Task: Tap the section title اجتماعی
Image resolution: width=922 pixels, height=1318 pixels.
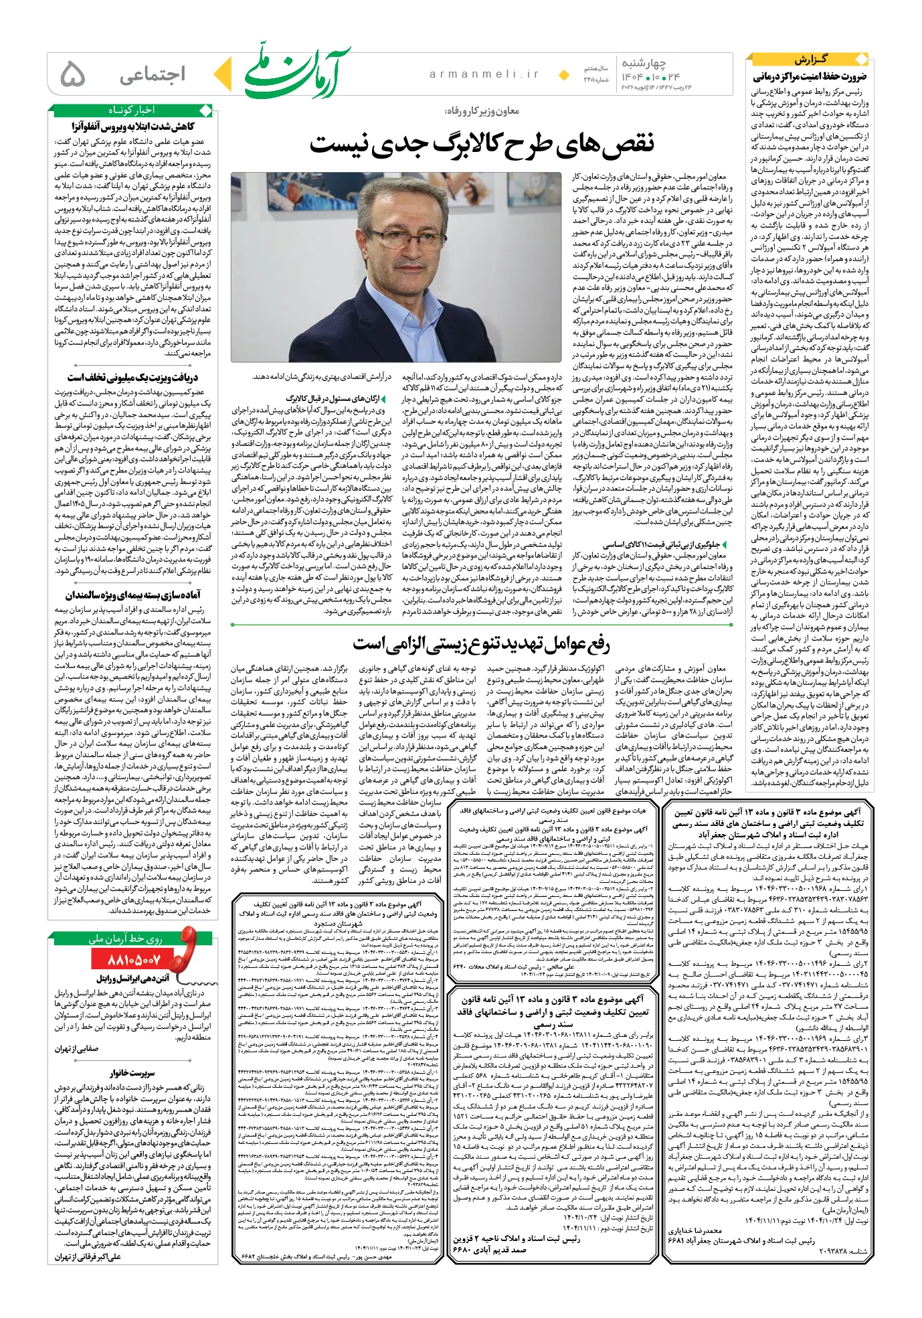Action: pos(153,75)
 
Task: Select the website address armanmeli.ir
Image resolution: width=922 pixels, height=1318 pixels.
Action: pos(484,74)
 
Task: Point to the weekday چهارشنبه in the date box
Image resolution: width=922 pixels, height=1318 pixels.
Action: pos(644,64)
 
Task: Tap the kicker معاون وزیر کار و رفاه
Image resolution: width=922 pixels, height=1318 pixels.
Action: pos(481,111)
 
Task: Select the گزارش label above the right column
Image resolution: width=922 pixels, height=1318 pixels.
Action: pos(810,60)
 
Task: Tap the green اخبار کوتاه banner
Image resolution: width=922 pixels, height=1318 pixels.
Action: pos(131,109)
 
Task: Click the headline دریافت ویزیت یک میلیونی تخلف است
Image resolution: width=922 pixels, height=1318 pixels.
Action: pos(132,378)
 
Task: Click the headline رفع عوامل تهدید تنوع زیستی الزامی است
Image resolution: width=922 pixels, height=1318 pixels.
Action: pos(482,644)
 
